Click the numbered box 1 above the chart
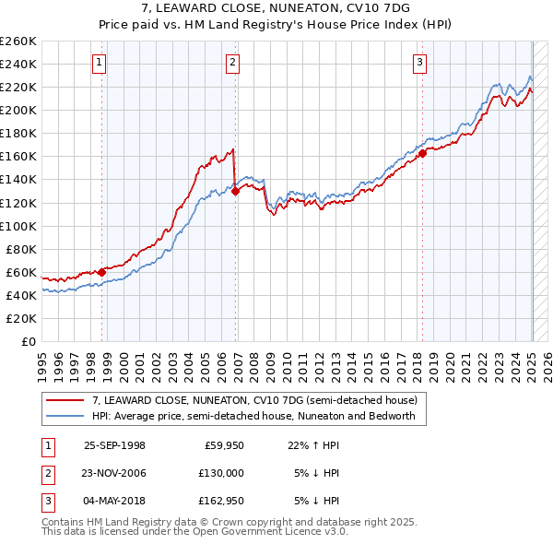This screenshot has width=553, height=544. tap(99, 63)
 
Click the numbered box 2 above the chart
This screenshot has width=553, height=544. tap(232, 63)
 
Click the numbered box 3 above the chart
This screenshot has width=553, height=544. tap(419, 63)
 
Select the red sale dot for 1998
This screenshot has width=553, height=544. tap(102, 272)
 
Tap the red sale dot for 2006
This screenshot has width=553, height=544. tap(235, 191)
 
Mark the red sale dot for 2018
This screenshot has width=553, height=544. tap(422, 153)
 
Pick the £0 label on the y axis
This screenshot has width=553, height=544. tap(28, 341)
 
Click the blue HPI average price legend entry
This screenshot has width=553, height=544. tap(253, 416)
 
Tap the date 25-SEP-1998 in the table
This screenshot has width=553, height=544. tap(114, 444)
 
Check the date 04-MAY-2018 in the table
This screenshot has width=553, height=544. tap(114, 501)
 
